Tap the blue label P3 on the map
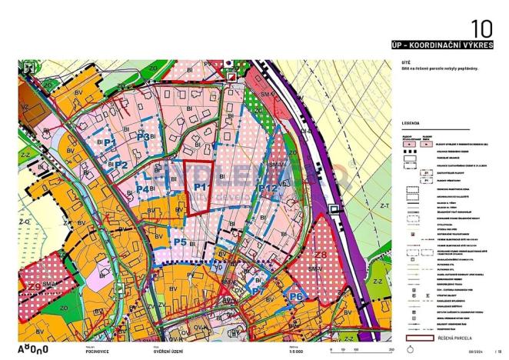pyautogui.click(x=143, y=136)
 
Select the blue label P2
pyautogui.click(x=120, y=164)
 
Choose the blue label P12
pyautogui.click(x=268, y=188)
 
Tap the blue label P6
pyautogui.click(x=295, y=295)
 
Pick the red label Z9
pyautogui.click(x=35, y=287)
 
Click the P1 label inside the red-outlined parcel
pyautogui.click(x=200, y=187)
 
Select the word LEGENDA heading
pyautogui.click(x=411, y=122)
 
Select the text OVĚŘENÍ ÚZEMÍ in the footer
pyautogui.click(x=168, y=351)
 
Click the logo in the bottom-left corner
pyautogui.click(x=35, y=349)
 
